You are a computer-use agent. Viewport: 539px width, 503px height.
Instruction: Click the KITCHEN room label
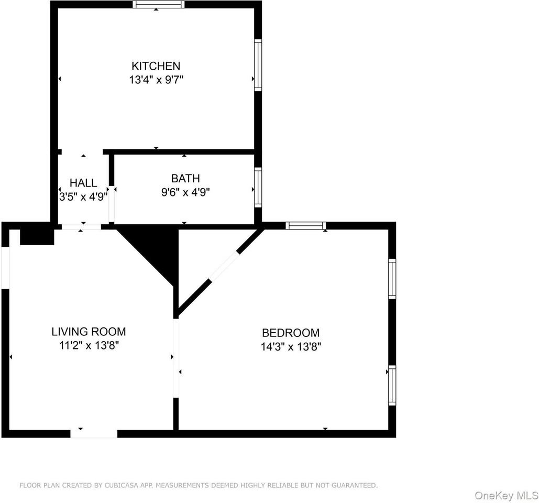point(156,66)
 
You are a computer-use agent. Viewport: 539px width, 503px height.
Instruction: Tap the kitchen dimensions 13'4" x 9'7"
point(156,80)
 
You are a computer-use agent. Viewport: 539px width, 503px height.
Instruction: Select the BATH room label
point(185,178)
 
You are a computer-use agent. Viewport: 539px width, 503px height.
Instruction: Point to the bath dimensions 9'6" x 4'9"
point(185,192)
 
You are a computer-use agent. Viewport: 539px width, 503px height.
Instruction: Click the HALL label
point(83,183)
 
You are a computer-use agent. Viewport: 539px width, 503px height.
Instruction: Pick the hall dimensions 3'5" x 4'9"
point(83,196)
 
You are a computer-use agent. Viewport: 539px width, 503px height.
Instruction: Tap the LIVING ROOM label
point(89,331)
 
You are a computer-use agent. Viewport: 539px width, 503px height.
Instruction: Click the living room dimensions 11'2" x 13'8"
point(89,345)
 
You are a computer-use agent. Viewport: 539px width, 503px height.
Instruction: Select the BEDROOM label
point(291,332)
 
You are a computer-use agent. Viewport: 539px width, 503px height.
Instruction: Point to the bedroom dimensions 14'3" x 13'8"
point(291,346)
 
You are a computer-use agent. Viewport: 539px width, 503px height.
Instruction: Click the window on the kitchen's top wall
point(158,5)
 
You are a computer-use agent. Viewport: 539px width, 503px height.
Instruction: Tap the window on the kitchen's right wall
point(258,65)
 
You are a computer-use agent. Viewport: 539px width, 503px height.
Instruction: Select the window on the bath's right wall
point(258,187)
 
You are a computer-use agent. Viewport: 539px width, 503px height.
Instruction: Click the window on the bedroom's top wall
point(306,226)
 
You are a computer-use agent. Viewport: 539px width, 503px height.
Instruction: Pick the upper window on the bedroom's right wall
point(392,278)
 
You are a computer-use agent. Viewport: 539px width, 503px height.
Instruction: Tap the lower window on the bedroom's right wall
point(392,385)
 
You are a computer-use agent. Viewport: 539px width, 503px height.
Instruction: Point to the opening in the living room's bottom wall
point(94,433)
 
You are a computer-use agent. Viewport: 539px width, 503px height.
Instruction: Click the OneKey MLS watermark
point(506,495)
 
